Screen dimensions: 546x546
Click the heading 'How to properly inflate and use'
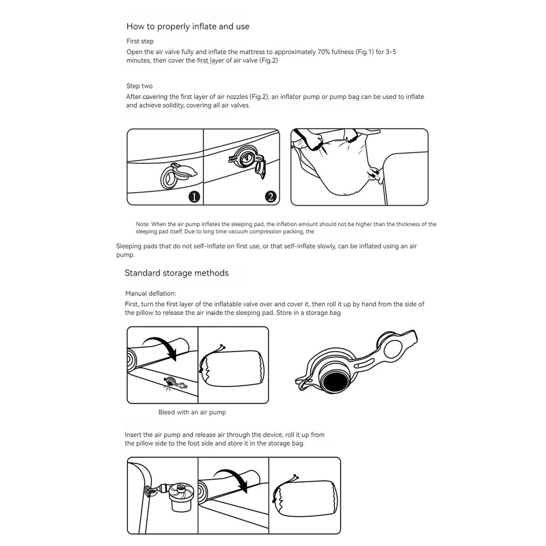[188, 27]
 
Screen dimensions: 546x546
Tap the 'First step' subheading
[140, 41]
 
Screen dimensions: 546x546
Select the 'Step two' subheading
[139, 86]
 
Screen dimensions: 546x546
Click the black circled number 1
[194, 197]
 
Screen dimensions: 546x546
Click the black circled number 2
[271, 197]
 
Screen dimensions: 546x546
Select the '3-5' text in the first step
[391, 52]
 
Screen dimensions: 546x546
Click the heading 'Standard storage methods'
[176, 273]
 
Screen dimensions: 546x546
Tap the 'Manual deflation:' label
[150, 293]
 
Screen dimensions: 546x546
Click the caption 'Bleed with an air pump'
[192, 412]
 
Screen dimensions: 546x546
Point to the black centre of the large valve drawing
[335, 382]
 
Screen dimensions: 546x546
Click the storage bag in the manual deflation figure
[232, 368]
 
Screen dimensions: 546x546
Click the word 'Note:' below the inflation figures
[143, 224]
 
